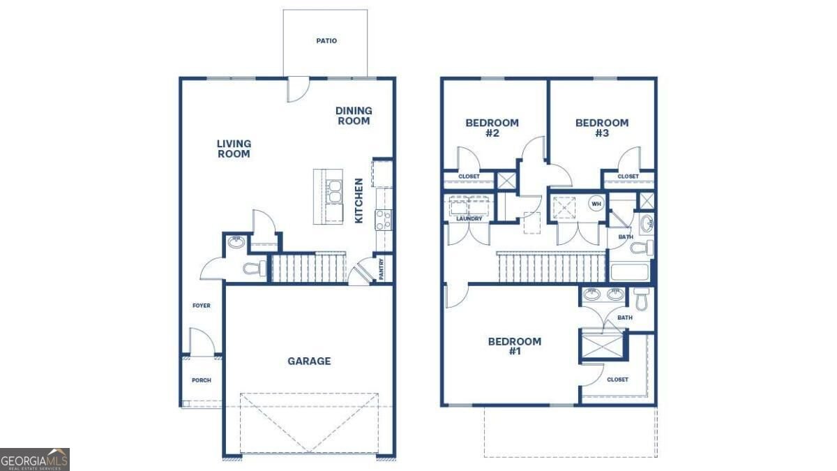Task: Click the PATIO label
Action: click(326, 40)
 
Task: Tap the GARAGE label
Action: click(309, 361)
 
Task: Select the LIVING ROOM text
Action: click(234, 149)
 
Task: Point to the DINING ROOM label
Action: click(354, 116)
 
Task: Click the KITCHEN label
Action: click(359, 201)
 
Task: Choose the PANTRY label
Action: click(381, 269)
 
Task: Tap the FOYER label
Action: click(202, 306)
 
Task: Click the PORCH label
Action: click(202, 380)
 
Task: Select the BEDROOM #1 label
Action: click(515, 346)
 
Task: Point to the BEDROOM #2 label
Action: click(492, 128)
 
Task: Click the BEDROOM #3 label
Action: click(602, 128)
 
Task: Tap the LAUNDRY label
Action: click(469, 218)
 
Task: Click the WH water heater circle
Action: click(596, 204)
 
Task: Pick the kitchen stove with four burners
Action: click(384, 220)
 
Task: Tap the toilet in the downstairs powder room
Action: click(255, 268)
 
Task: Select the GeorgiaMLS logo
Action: click(35, 459)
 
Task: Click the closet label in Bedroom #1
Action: click(617, 380)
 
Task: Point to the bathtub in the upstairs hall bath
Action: click(629, 272)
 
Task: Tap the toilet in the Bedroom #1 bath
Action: click(641, 299)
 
